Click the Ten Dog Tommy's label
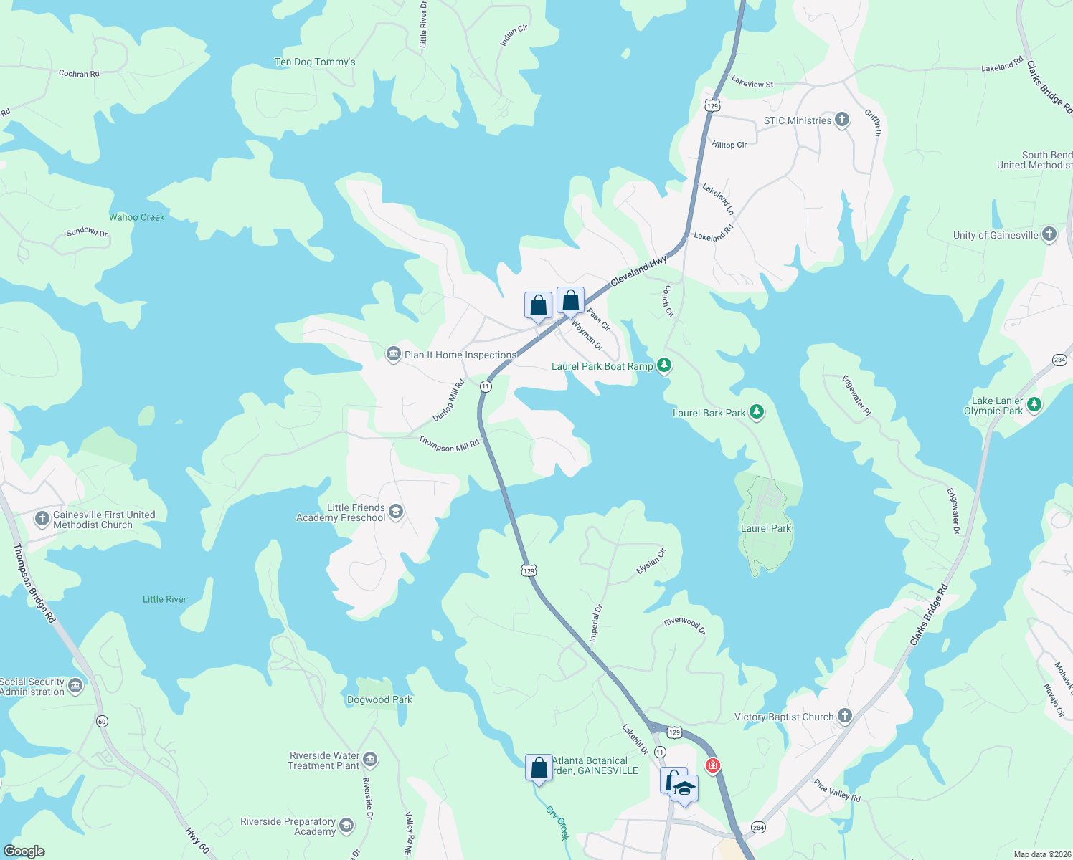pyautogui.click(x=315, y=62)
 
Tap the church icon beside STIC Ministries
pyautogui.click(x=842, y=120)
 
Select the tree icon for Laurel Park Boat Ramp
pyautogui.click(x=664, y=365)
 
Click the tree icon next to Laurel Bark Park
pyautogui.click(x=756, y=412)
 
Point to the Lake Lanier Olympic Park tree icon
pyautogui.click(x=1034, y=405)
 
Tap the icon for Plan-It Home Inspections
pyautogui.click(x=393, y=354)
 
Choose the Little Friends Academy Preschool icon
pyautogui.click(x=396, y=512)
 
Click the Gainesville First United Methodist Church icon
pyautogui.click(x=42, y=518)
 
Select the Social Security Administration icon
pyautogui.click(x=75, y=687)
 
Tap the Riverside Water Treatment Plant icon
pyautogui.click(x=370, y=760)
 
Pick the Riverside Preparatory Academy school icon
pyautogui.click(x=346, y=826)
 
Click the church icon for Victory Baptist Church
pyautogui.click(x=845, y=716)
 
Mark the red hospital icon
pyautogui.click(x=712, y=766)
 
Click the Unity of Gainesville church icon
pyautogui.click(x=1049, y=234)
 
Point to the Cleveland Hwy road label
pyautogui.click(x=638, y=272)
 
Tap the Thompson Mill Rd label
pyautogui.click(x=449, y=444)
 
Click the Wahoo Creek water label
pyautogui.click(x=137, y=217)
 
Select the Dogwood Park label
pyautogui.click(x=379, y=699)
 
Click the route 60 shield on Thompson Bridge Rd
pyautogui.click(x=102, y=721)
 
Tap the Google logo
pyautogui.click(x=24, y=851)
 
